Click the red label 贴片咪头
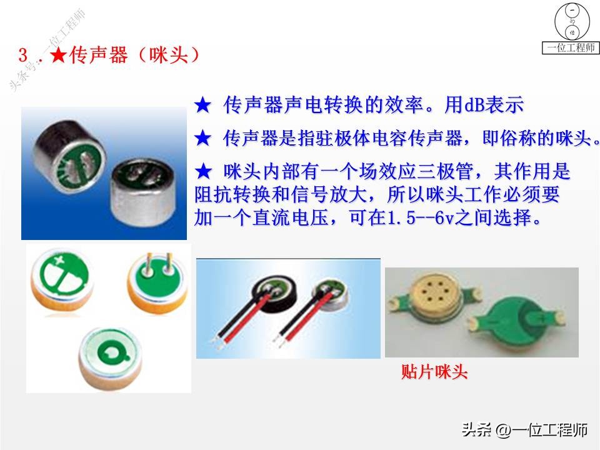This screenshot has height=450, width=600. tap(434, 372)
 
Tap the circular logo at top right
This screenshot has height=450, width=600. tap(571, 22)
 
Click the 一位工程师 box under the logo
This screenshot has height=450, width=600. tap(571, 48)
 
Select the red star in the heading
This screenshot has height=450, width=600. tap(59, 56)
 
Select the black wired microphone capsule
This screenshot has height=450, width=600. tap(273, 297)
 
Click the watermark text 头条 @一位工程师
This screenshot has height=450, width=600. tap(524, 430)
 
